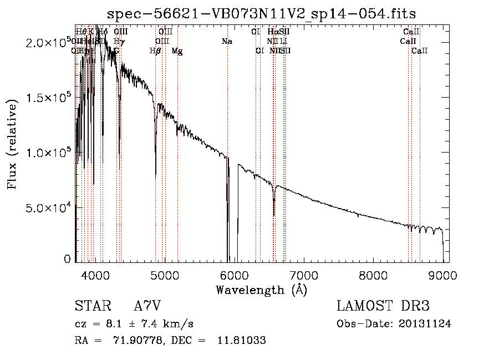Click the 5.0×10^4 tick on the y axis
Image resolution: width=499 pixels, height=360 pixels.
pos(47,207)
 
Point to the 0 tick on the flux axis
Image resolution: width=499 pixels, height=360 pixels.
pos(67,258)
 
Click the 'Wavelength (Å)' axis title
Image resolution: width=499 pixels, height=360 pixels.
pos(261,290)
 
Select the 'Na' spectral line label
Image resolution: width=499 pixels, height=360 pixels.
pos(226,41)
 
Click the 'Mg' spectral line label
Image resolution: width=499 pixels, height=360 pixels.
pos(177,51)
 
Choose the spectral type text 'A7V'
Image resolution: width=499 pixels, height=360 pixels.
pos(147,306)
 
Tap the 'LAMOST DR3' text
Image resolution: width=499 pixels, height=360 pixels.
pos(383,306)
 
